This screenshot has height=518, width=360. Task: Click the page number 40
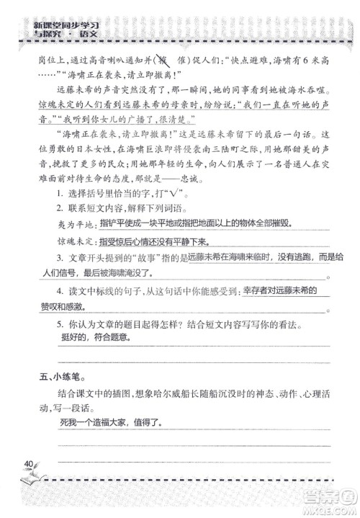coord(30,462)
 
